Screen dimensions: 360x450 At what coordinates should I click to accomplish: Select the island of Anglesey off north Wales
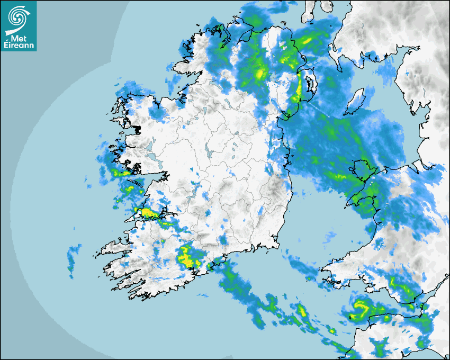[x=361, y=170]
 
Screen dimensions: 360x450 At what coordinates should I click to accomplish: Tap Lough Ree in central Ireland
[x=210, y=154]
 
